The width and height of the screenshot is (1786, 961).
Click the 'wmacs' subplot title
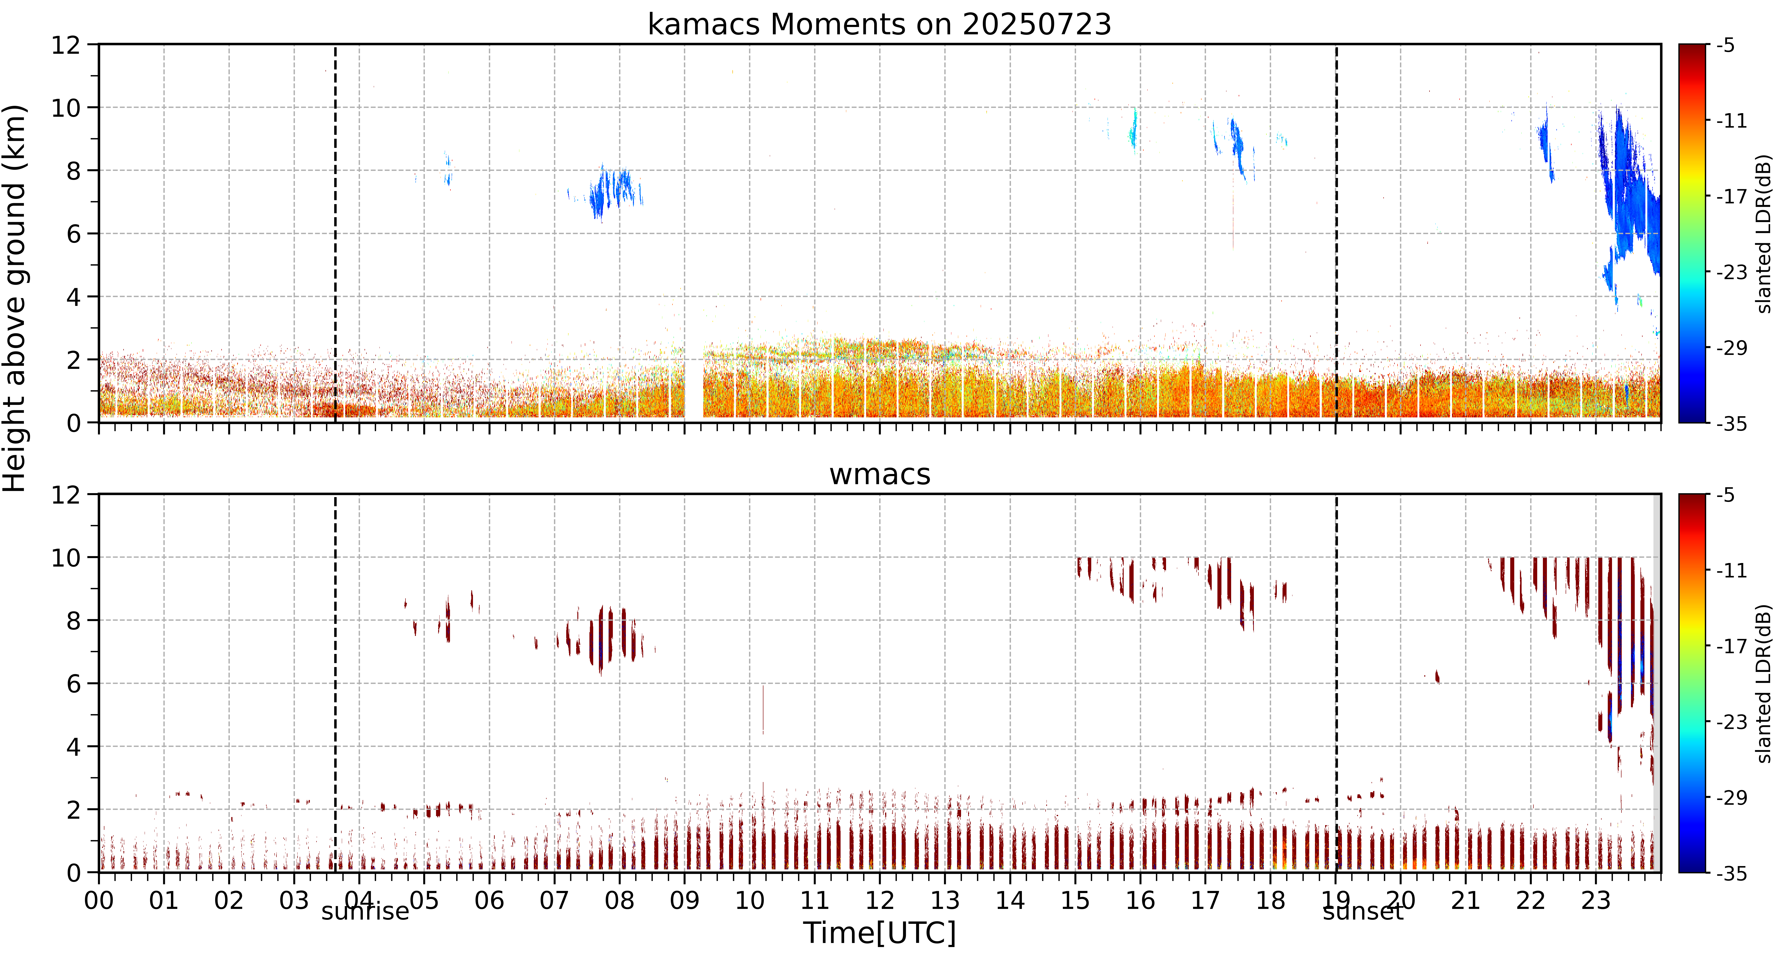pyautogui.click(x=880, y=474)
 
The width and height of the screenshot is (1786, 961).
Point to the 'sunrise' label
pyautogui.click(x=365, y=911)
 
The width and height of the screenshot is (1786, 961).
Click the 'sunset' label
pyautogui.click(x=1363, y=911)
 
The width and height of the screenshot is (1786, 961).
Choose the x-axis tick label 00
pyautogui.click(x=99, y=901)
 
